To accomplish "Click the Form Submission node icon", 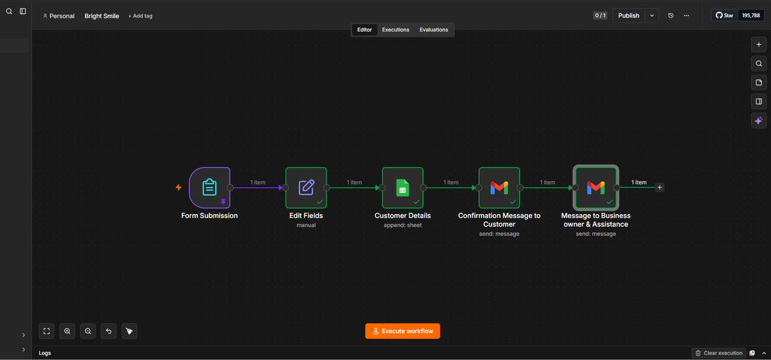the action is pyautogui.click(x=209, y=188).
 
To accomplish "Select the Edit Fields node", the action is pyautogui.click(x=306, y=188).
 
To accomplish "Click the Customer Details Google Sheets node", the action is pyautogui.click(x=402, y=188).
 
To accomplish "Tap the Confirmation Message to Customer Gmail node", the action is pyautogui.click(x=499, y=188).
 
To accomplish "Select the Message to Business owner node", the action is pyautogui.click(x=596, y=188).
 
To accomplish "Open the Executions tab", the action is pyautogui.click(x=396, y=30).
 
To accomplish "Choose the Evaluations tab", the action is pyautogui.click(x=434, y=30).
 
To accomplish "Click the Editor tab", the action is pyautogui.click(x=364, y=30).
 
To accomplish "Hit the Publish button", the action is pyautogui.click(x=628, y=15).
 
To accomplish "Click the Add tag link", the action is pyautogui.click(x=140, y=16).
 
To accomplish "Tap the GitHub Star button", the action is pyautogui.click(x=725, y=15).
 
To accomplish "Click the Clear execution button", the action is pyautogui.click(x=719, y=353).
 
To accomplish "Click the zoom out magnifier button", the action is pyautogui.click(x=88, y=331).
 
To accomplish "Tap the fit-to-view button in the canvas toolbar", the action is pyautogui.click(x=46, y=331).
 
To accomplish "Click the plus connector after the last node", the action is pyautogui.click(x=659, y=188).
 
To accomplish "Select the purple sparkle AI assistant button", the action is pyautogui.click(x=759, y=121).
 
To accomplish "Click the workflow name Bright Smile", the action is pyautogui.click(x=102, y=16).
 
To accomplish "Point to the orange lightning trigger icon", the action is pyautogui.click(x=179, y=188).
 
